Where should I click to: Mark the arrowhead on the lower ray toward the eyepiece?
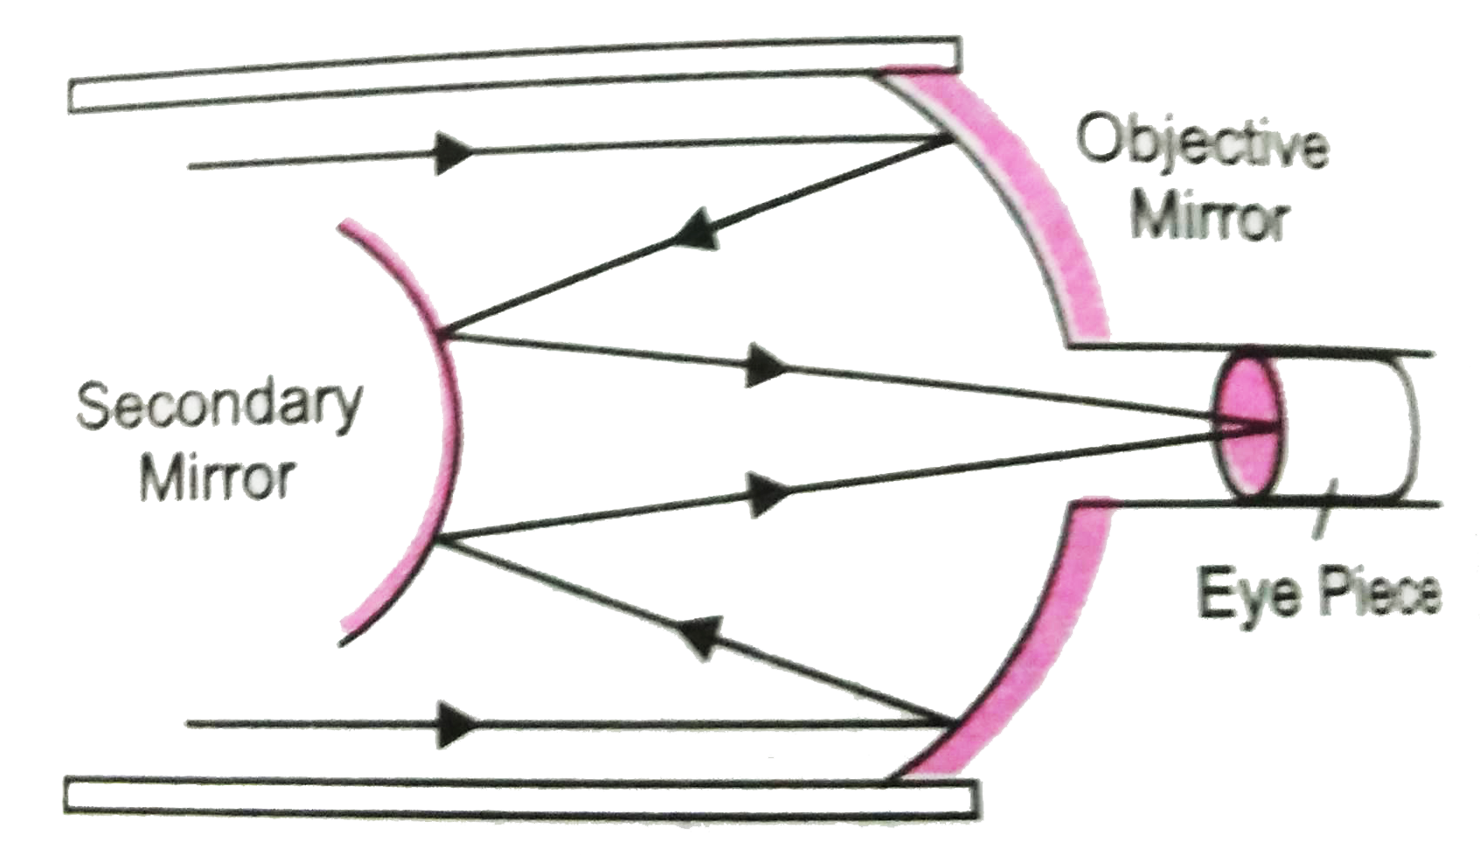point(762,494)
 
